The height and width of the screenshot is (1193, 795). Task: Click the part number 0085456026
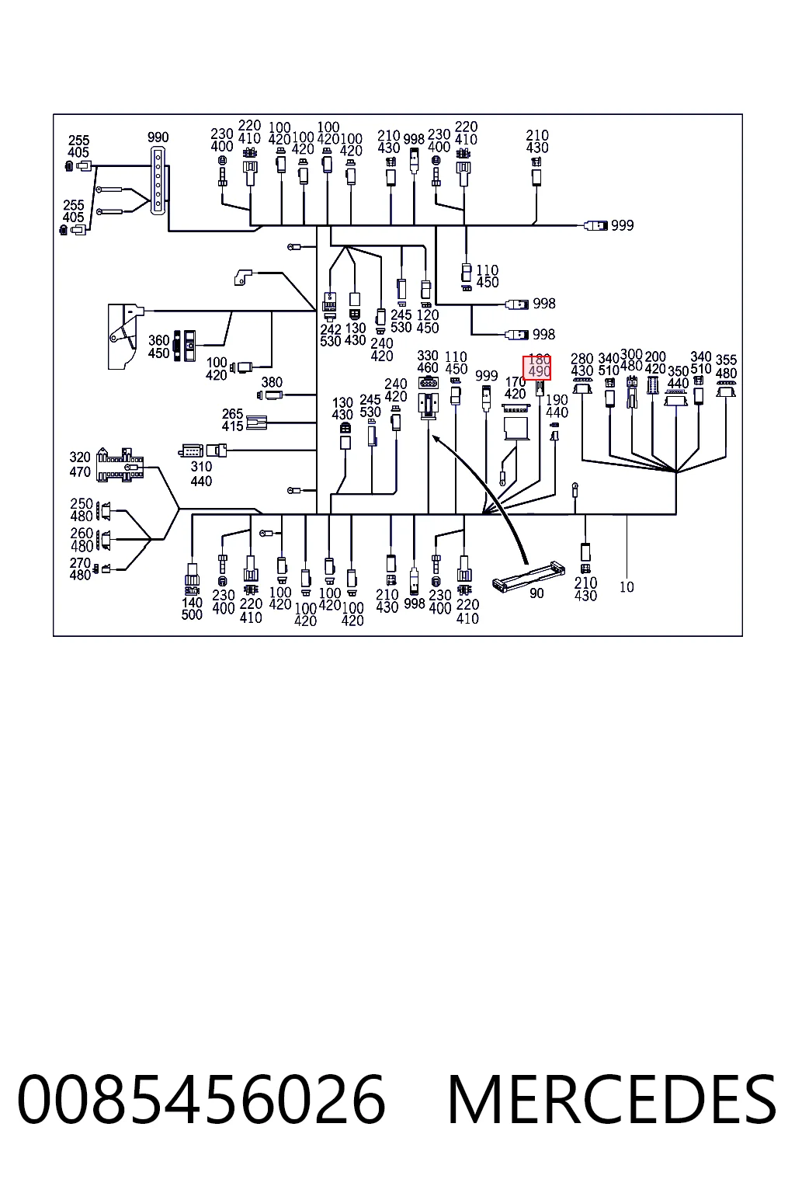(201, 1100)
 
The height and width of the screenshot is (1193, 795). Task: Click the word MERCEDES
(612, 1100)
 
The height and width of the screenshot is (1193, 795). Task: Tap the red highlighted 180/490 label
(536, 368)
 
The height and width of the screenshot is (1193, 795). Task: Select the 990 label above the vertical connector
(158, 137)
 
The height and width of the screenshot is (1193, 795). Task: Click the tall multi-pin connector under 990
(158, 181)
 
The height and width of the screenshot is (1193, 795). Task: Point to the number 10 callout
(627, 587)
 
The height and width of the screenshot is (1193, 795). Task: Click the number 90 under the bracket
(536, 593)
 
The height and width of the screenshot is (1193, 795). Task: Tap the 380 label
(272, 382)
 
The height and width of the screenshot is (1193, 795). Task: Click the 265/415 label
(233, 419)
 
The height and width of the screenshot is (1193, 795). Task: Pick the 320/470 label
(80, 464)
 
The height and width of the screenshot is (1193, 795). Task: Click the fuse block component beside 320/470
(120, 465)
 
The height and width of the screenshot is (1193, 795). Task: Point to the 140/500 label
(192, 609)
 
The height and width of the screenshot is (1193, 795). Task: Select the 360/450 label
(158, 346)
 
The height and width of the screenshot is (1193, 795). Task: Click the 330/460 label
(428, 362)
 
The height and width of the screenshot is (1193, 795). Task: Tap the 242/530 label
(331, 335)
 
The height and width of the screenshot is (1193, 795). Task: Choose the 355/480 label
(727, 367)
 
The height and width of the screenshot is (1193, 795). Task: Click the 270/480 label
(80, 569)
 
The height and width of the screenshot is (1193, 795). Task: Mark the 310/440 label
(201, 474)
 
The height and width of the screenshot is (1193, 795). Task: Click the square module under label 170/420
(516, 428)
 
